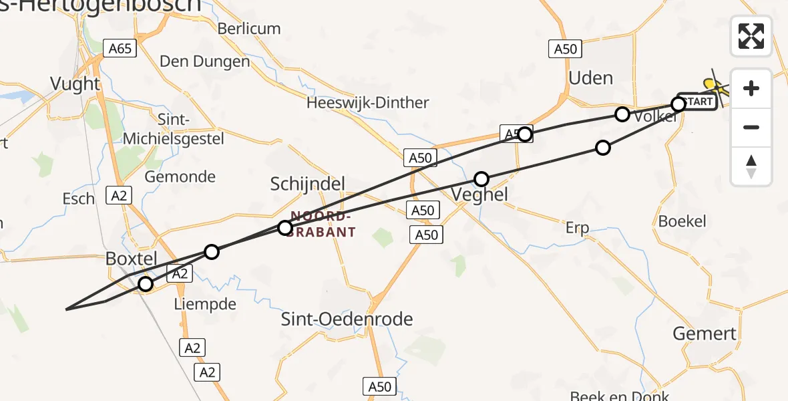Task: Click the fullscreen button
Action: point(751,36)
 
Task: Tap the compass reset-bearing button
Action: point(751,166)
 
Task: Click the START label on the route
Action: point(699,102)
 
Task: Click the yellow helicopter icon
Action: point(717,86)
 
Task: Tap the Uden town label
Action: point(590,78)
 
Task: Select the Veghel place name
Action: point(479,195)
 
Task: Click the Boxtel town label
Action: point(132,259)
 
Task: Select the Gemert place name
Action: point(705,333)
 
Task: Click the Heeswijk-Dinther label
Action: point(367,103)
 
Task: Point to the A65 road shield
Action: point(121,48)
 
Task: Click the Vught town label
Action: point(75,84)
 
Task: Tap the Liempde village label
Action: point(204,305)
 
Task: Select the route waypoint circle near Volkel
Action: point(622,114)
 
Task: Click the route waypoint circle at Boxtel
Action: point(146,285)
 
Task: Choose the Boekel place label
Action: point(682,221)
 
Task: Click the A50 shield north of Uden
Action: point(565,49)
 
